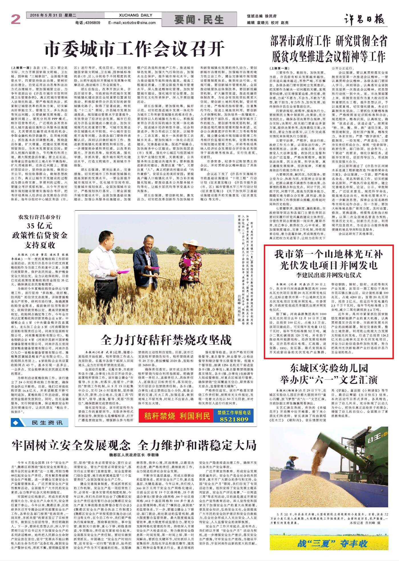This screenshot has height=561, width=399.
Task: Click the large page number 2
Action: (16, 20)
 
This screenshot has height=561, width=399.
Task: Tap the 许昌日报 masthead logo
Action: (363, 19)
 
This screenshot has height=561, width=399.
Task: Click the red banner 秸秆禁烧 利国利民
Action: (177, 416)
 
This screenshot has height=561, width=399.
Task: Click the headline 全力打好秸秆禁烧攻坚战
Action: (166, 340)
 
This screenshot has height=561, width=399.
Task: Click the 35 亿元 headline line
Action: (40, 226)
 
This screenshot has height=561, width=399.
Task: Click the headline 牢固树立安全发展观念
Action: (71, 445)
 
